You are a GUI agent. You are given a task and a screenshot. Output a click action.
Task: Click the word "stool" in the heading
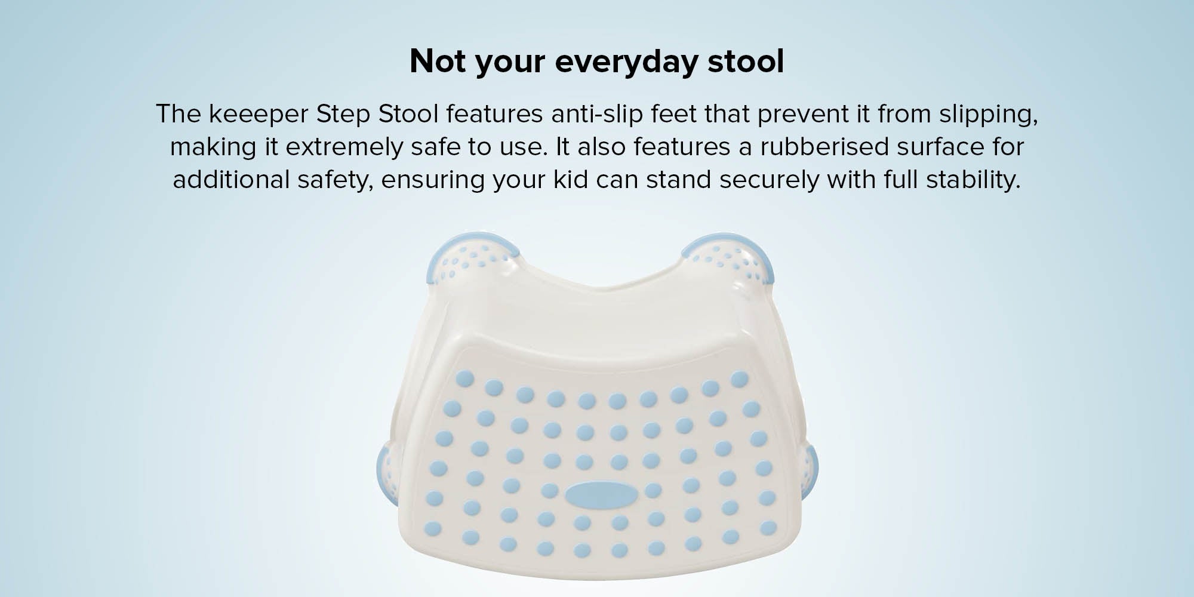coord(746,61)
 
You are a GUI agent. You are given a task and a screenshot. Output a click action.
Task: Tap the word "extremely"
coord(344,147)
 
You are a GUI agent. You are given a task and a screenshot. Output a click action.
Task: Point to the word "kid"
coord(571,179)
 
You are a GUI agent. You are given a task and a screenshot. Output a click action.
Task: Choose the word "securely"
coord(770,180)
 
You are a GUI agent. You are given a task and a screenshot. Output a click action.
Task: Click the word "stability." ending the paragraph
coord(973,179)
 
